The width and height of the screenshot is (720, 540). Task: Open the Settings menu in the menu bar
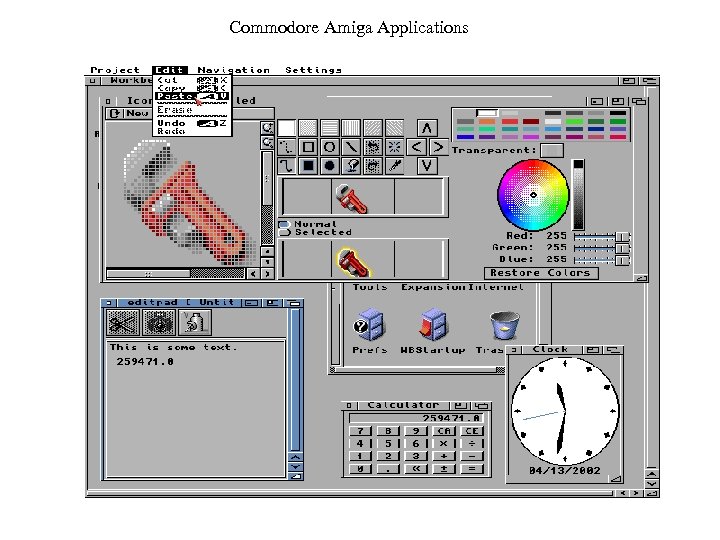[x=313, y=70]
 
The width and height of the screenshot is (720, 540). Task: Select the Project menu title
[x=115, y=70]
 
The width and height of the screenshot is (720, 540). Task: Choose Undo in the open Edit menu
[x=172, y=123]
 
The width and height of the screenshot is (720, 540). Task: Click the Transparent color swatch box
[x=552, y=150]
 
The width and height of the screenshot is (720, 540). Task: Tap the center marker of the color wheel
[x=534, y=195]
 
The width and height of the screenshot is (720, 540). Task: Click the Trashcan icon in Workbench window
[x=503, y=325]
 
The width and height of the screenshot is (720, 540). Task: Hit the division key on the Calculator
[x=472, y=443]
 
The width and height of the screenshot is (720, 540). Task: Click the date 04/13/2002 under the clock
[x=564, y=470]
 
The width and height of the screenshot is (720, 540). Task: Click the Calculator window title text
[x=403, y=405]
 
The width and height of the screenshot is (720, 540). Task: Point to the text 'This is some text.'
[x=173, y=347]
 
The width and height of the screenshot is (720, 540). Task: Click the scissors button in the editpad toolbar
[x=123, y=322]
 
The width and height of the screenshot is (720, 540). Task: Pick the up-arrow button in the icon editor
[x=427, y=128]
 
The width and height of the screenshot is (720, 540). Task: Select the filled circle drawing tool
[x=329, y=165]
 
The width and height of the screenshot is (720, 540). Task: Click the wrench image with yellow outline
[x=350, y=261]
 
